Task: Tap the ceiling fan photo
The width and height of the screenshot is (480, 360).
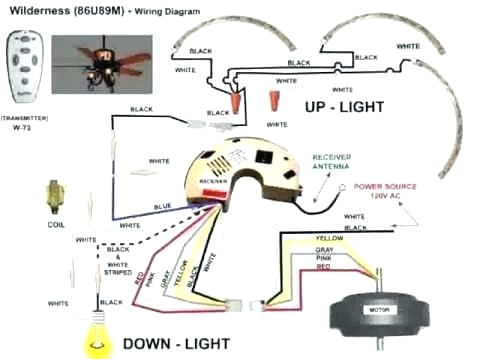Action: [100, 66]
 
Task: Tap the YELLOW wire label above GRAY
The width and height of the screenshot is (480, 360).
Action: [329, 240]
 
